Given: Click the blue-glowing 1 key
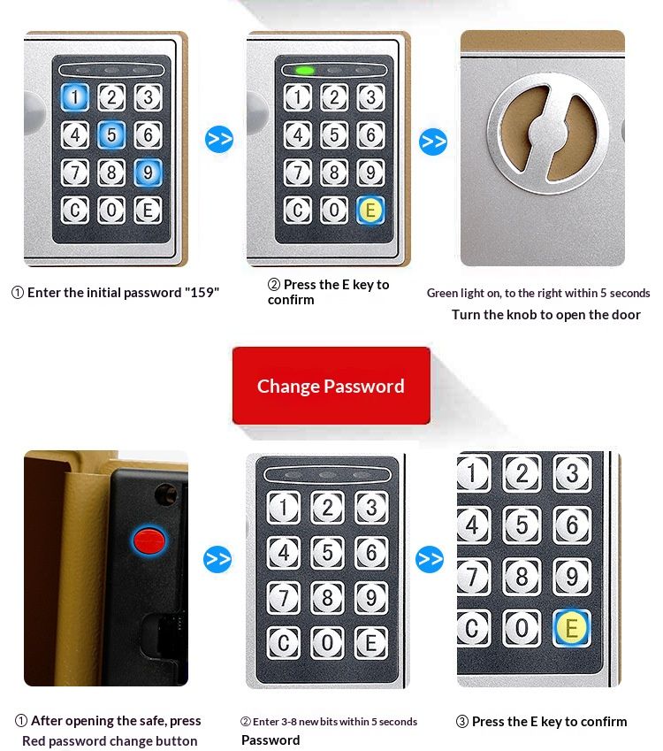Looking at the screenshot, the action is [74, 96].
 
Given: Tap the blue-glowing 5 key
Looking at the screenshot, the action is [111, 134].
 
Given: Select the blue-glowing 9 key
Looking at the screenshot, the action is [148, 172].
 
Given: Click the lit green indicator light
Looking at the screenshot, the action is [305, 71].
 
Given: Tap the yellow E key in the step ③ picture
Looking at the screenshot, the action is [572, 628].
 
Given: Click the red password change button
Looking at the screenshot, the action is [149, 540].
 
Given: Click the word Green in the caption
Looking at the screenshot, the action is [442, 293].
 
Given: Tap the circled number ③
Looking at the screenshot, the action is [462, 721].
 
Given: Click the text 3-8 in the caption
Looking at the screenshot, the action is [291, 721].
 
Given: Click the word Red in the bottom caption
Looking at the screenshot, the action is [34, 741].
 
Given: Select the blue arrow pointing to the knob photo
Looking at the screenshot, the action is [433, 142].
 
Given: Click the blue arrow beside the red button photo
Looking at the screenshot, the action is [217, 559].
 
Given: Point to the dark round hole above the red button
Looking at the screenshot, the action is [165, 494].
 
